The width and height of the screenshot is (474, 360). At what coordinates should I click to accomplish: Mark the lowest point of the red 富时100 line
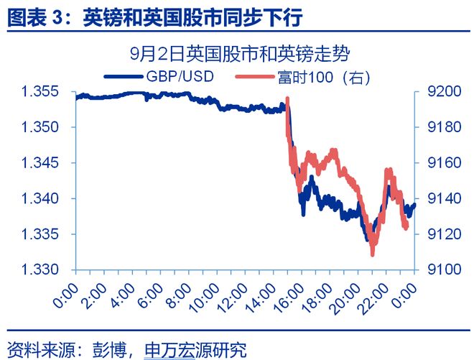[372, 254]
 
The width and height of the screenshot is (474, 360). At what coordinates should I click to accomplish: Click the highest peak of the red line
[287, 98]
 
